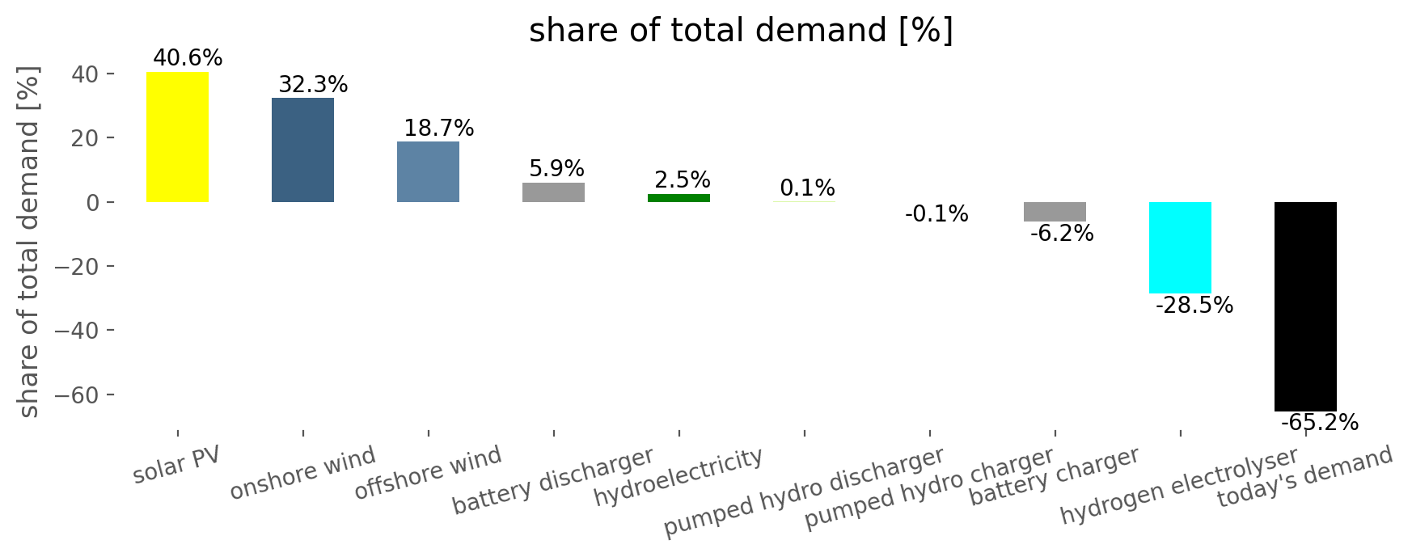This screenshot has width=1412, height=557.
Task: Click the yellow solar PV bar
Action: pos(177,137)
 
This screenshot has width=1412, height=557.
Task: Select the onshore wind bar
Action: pos(302,150)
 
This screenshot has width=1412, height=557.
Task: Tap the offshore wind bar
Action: pos(428,171)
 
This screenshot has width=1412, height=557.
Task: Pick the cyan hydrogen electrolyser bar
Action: pos(1180,247)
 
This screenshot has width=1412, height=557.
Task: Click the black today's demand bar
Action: pos(1305,306)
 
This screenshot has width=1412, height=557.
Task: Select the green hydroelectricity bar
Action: pos(679,198)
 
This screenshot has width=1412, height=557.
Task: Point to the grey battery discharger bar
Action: pos(553,192)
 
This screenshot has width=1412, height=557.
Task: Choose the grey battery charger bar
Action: pos(1055,212)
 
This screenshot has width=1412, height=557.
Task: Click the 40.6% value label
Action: pos(188,58)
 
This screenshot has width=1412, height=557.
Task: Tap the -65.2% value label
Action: pos(1320,423)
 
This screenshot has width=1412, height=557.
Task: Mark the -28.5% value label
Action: pos(1194,306)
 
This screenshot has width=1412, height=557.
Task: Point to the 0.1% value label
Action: pos(807,188)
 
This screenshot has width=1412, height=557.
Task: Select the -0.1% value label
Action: pos(936,214)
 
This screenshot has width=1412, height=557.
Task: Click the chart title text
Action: pos(741,31)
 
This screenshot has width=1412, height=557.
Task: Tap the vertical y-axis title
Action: pos(29,243)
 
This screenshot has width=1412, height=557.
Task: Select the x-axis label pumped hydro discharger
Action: pos(804,492)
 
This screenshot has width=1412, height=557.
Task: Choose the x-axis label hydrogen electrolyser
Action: pos(1179,486)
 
